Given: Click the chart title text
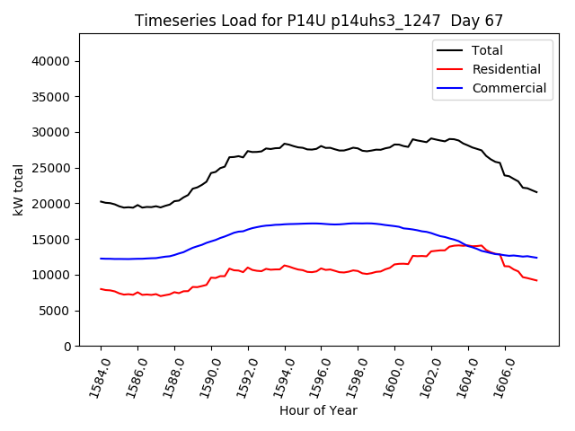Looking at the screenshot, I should point(319,20).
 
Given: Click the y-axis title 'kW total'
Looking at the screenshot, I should point(18,189).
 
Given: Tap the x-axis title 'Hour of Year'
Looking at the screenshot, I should point(318,410).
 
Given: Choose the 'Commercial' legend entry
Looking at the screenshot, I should point(509,88).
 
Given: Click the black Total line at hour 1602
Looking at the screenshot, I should point(431,138).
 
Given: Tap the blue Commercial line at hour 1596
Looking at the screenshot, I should point(321,224).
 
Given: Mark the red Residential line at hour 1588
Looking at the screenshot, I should point(174,292).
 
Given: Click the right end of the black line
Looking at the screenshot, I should point(536,192).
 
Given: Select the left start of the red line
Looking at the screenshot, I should point(101,289).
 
